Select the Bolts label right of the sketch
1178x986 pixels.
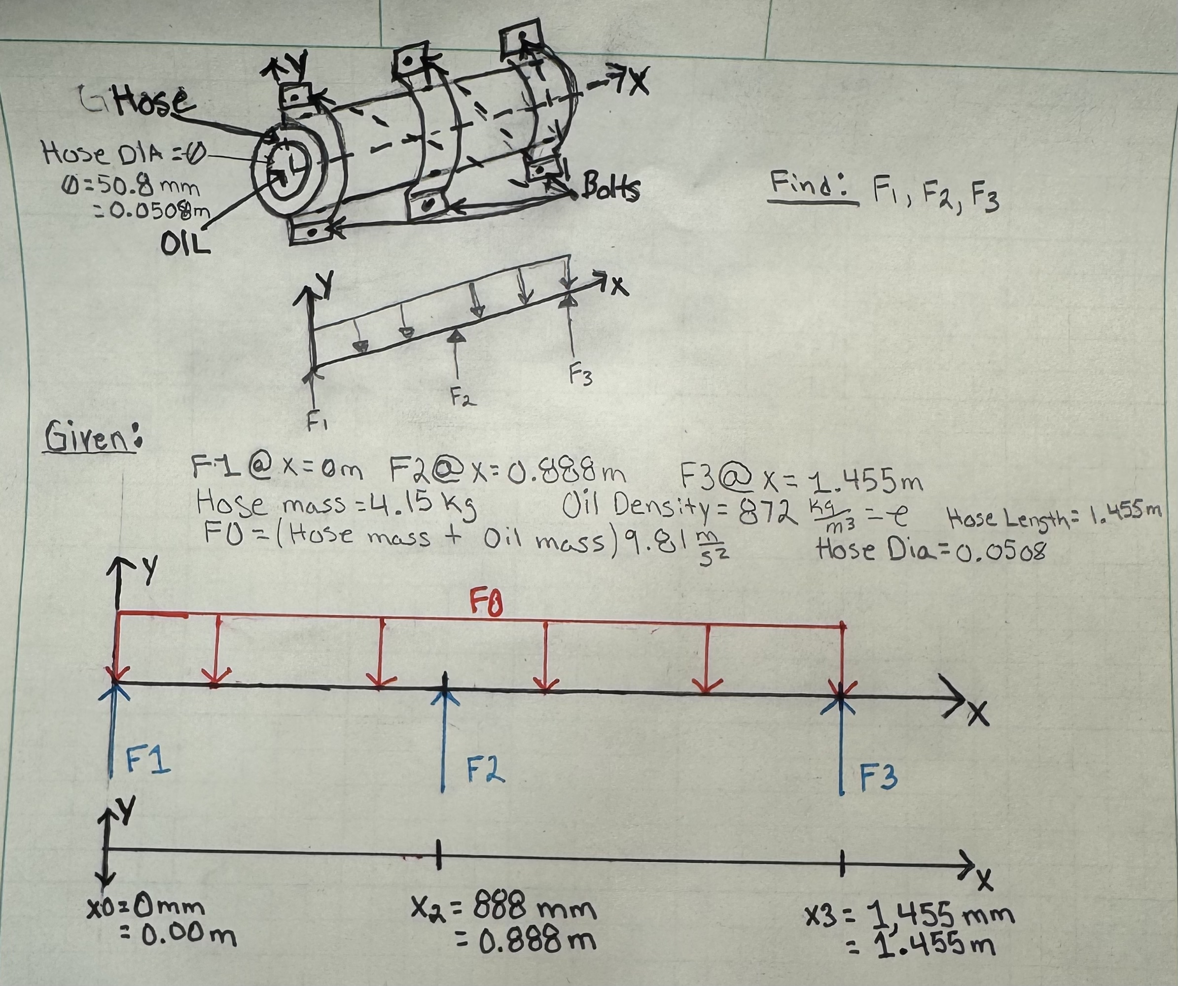[611, 187]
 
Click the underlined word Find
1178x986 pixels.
[812, 183]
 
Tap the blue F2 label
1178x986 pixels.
[486, 769]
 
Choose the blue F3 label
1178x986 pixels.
[879, 777]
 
